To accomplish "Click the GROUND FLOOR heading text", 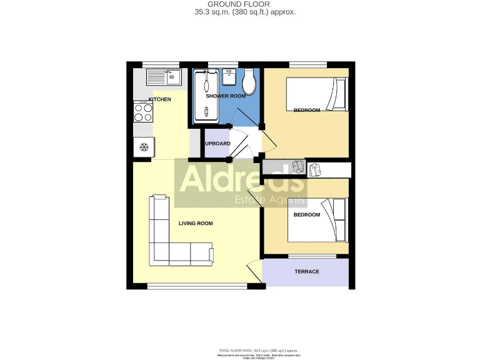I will [x=240, y=4].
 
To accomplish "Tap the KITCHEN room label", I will [x=159, y=99].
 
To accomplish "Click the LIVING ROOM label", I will [x=196, y=223].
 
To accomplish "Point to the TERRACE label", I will [x=307, y=271].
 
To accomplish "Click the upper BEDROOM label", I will [x=306, y=111].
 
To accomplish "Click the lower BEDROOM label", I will [x=306, y=214].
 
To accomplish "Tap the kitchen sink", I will [x=164, y=77].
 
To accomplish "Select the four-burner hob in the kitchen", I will [x=143, y=112].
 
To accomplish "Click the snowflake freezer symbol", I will [x=143, y=147].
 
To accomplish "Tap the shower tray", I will [x=204, y=95].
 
